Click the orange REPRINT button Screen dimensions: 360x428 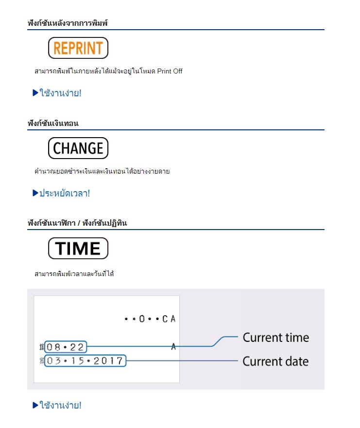pos(78,48)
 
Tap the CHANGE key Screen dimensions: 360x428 pos(78,148)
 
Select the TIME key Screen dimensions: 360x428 pos(78,249)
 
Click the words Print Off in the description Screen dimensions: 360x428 pos(170,71)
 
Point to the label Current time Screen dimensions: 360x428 pos(276,338)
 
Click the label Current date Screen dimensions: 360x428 pos(275,361)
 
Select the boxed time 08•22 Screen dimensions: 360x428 pos(66,347)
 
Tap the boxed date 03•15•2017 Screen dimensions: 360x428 pos(85,360)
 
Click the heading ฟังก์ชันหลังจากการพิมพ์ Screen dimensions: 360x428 pos(68,23)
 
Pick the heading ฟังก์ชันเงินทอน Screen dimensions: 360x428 pos(53,123)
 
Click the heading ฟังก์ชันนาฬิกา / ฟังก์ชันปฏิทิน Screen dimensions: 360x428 pos(77,223)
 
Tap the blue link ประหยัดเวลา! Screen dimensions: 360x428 pos(65,193)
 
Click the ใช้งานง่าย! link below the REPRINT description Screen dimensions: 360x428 pos(60,93)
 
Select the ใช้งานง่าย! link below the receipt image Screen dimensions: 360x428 pos(60,405)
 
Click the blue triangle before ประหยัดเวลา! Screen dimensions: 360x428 pos(35,193)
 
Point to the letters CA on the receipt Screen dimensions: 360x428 pos(169,319)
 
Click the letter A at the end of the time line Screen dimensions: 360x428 pos(173,347)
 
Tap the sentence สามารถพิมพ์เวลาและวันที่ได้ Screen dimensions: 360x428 pos(74,274)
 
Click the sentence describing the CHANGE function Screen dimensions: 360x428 pos(102,171)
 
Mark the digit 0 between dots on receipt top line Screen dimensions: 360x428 pos(142,319)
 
